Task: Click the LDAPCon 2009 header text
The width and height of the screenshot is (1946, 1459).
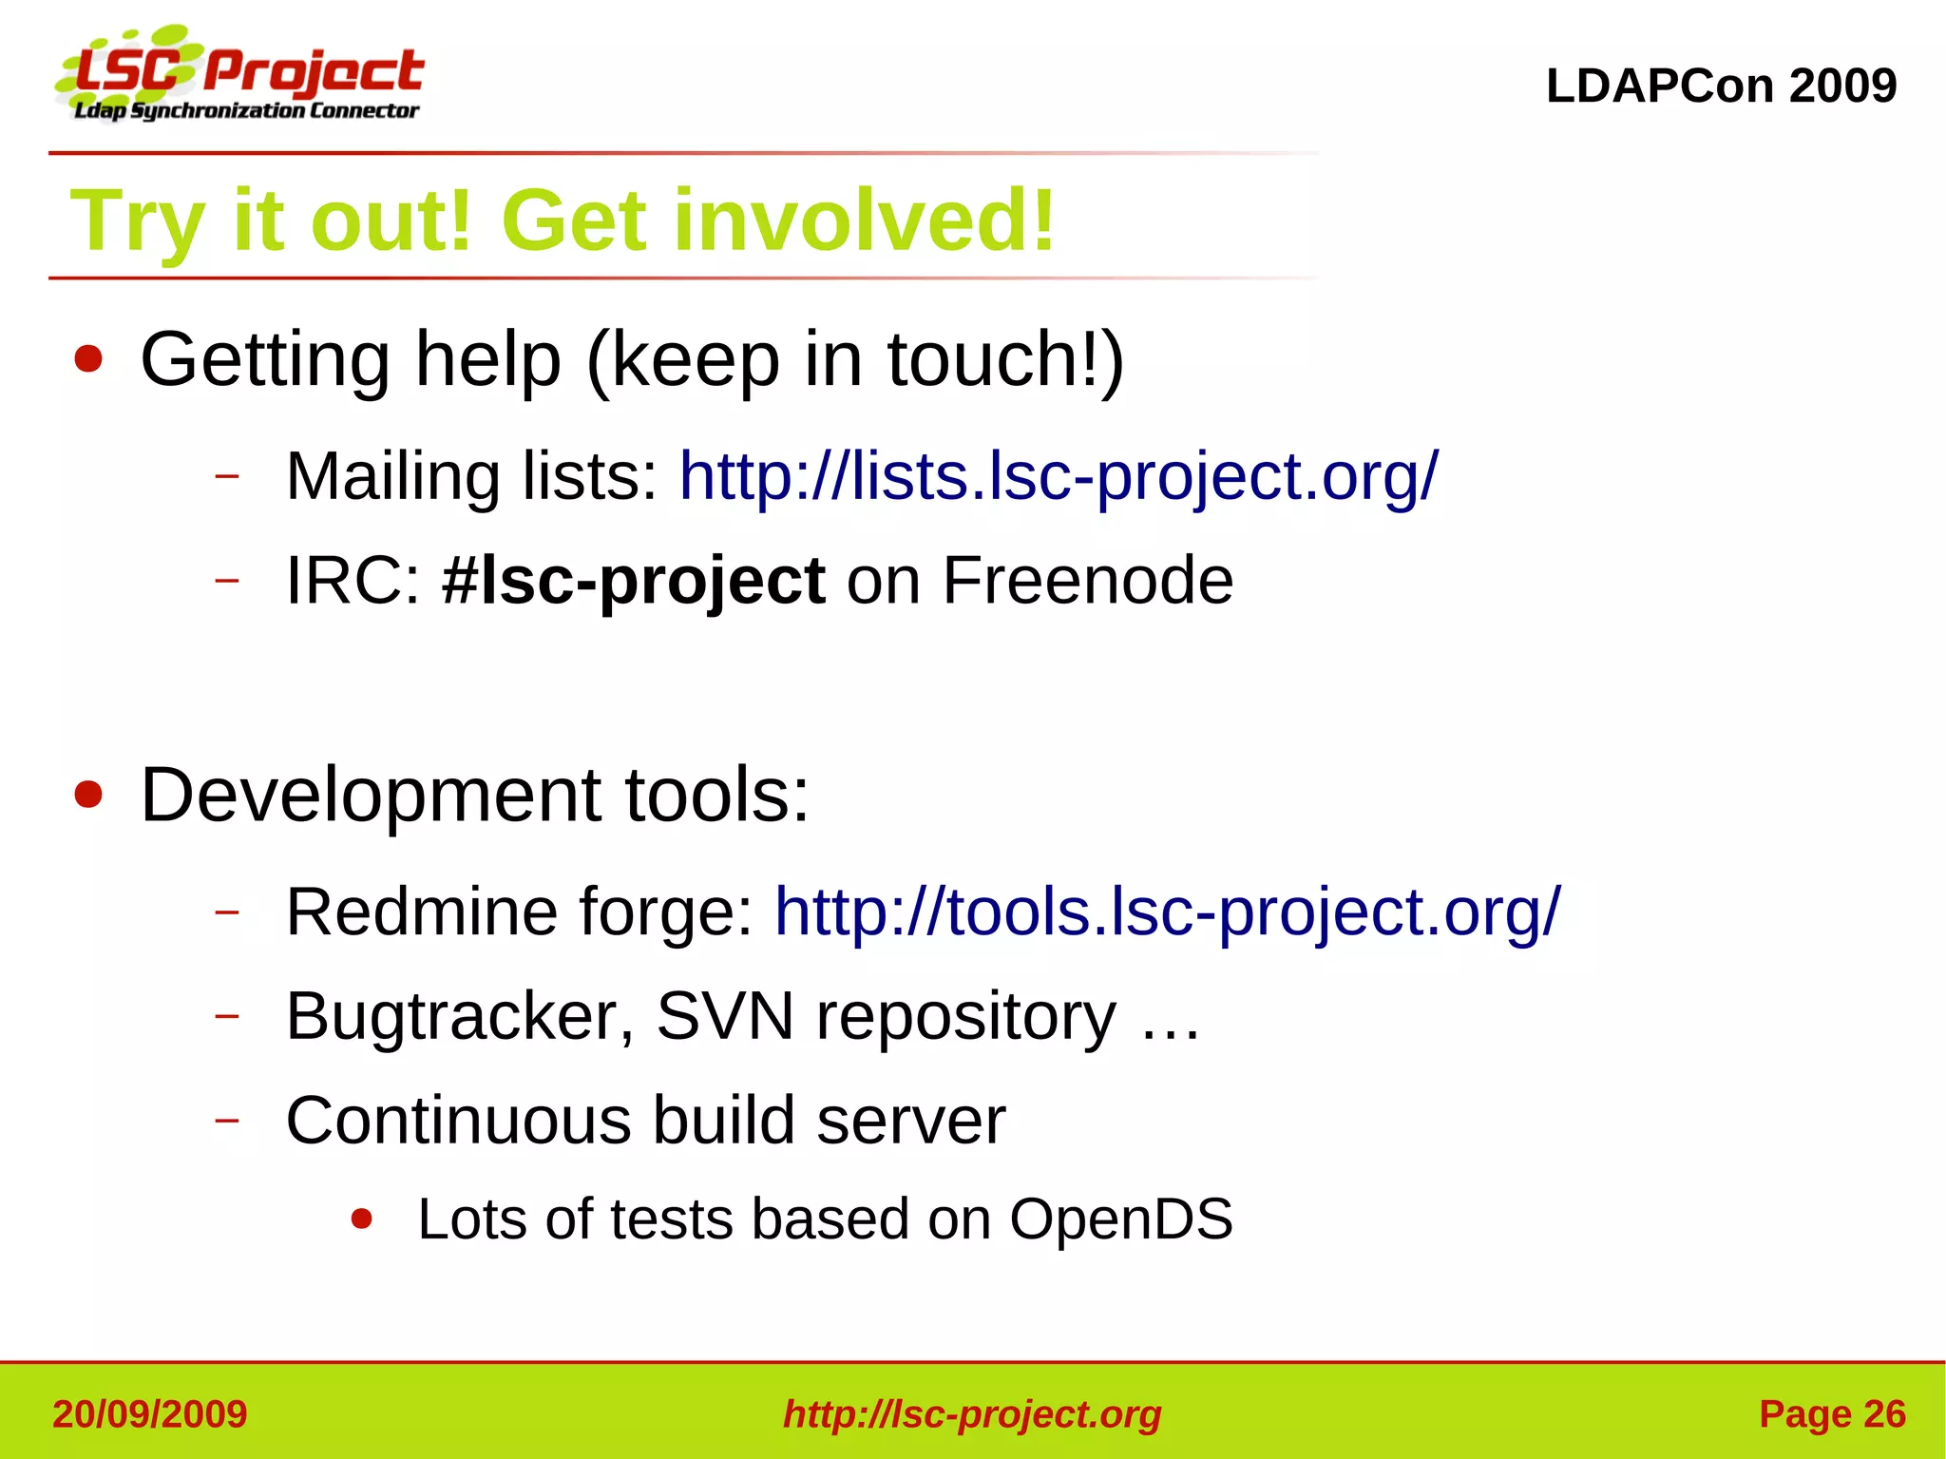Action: click(x=1721, y=86)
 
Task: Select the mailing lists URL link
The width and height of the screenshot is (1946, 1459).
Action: click(x=1059, y=476)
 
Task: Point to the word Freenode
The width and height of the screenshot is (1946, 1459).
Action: click(x=1087, y=581)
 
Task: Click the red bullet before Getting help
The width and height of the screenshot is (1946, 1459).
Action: click(x=88, y=360)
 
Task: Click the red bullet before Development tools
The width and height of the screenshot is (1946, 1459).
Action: click(x=88, y=796)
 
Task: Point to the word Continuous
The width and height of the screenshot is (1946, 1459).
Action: click(x=458, y=1121)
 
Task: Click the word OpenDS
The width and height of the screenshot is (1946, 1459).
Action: click(x=1120, y=1219)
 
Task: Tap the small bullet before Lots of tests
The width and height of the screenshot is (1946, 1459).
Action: click(x=361, y=1219)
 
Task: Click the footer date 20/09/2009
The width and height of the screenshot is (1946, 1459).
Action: click(x=150, y=1414)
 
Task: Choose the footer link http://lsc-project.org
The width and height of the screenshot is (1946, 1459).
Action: click(x=972, y=1414)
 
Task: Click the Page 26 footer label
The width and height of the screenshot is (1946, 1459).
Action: click(x=1832, y=1414)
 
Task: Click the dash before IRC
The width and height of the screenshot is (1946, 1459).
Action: click(x=226, y=580)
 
